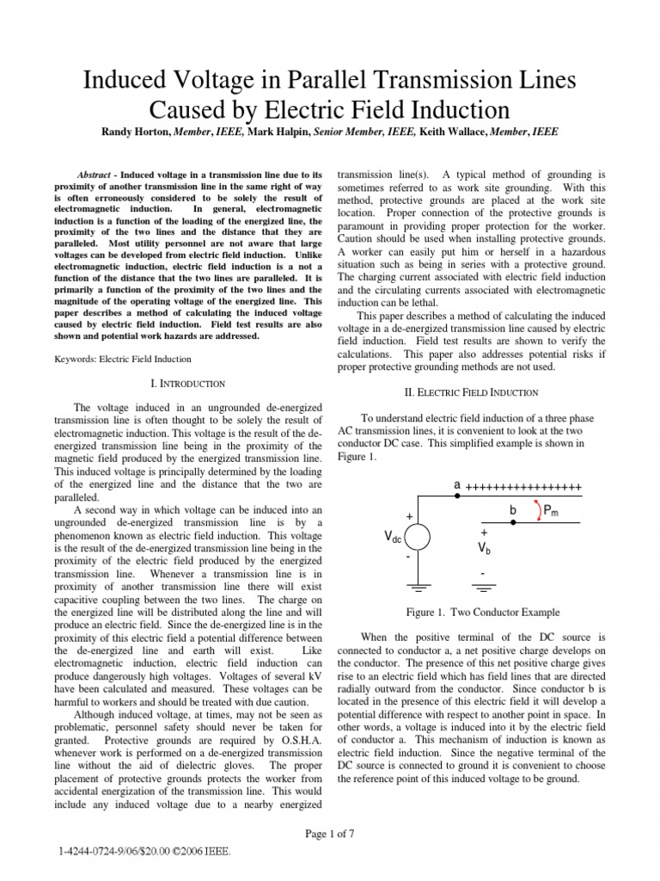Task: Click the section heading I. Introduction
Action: point(187,382)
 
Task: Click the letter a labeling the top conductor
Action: point(458,486)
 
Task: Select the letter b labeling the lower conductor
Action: point(512,510)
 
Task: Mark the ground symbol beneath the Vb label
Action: point(485,590)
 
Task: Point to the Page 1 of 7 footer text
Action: point(330,834)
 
